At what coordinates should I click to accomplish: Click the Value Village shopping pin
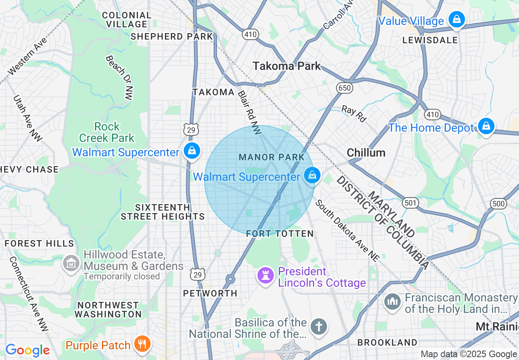click(x=456, y=19)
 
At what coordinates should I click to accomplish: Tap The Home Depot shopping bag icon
click(x=486, y=126)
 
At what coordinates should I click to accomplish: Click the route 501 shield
click(x=409, y=202)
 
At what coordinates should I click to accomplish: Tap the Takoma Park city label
click(x=287, y=66)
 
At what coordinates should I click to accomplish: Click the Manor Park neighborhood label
click(x=272, y=157)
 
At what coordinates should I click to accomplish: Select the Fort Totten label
click(x=280, y=234)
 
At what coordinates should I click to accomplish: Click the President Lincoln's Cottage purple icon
click(x=265, y=276)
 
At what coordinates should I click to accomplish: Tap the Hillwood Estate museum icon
click(x=72, y=263)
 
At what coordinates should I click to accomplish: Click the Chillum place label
click(x=366, y=153)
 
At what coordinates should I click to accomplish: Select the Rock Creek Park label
click(x=107, y=132)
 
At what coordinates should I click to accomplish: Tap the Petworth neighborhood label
click(x=210, y=293)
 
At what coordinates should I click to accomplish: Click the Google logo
click(x=27, y=350)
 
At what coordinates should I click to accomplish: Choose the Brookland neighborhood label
click(x=388, y=342)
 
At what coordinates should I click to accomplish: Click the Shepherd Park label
click(x=172, y=36)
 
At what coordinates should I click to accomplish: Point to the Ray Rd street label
click(x=354, y=113)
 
